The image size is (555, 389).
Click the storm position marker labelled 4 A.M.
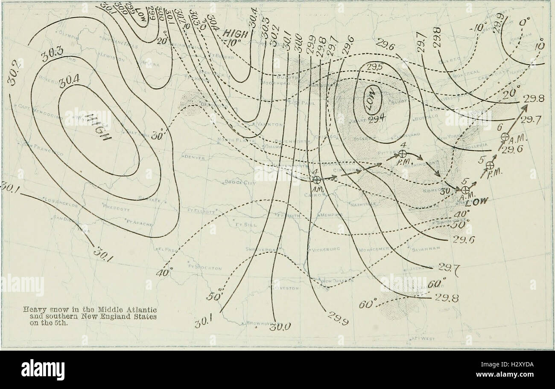click(x=316, y=180)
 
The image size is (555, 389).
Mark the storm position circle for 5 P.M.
click(x=490, y=165)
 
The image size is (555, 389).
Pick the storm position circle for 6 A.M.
click(x=505, y=137)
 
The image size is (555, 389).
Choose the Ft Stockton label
click(x=205, y=268)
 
